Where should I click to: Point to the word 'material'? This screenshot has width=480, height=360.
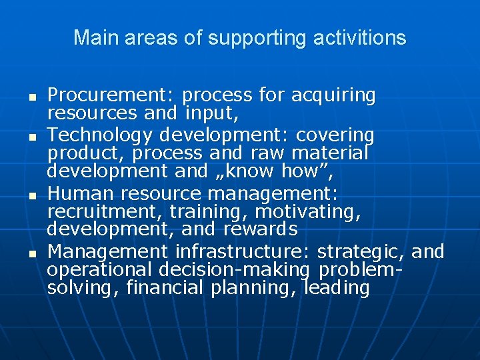[x=327, y=153]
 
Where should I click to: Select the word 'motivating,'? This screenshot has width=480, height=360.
[x=309, y=212]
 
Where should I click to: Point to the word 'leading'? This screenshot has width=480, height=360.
[x=336, y=288]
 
